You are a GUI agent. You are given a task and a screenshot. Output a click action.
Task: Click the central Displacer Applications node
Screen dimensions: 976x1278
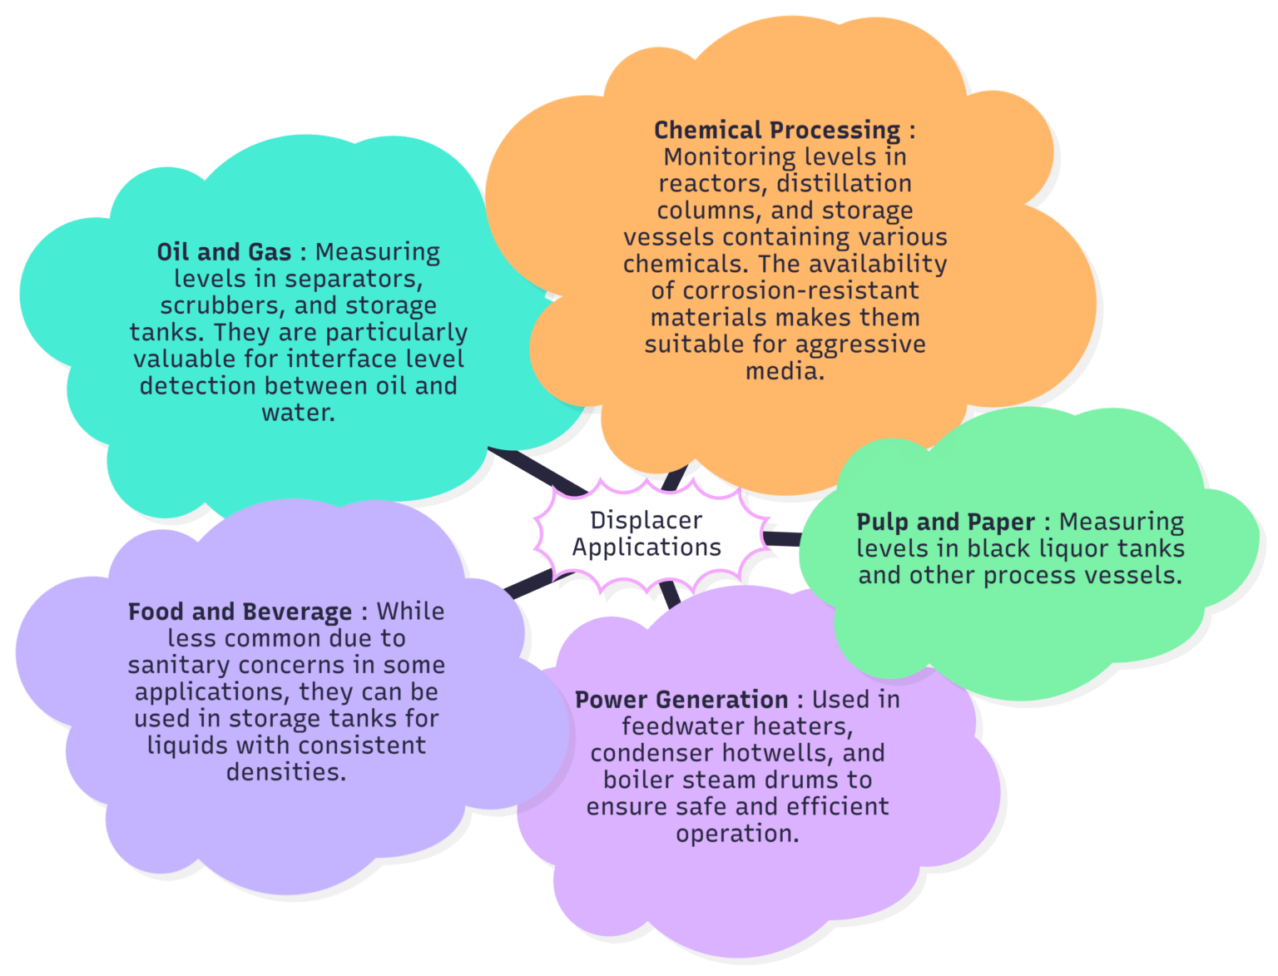pos(646,533)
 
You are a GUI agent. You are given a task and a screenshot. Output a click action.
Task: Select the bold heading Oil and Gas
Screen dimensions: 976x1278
pos(224,252)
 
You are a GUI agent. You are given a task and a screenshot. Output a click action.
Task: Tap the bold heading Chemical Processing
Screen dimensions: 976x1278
pos(776,131)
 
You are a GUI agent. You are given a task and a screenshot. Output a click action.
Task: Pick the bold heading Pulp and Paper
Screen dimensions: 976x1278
pos(945,523)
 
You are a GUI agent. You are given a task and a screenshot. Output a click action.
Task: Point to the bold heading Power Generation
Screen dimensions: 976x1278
pos(681,700)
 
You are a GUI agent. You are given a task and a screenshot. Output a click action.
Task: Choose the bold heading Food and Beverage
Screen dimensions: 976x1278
pos(240,612)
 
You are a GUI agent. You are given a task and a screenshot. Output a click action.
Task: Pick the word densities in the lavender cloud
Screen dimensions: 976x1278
pos(286,773)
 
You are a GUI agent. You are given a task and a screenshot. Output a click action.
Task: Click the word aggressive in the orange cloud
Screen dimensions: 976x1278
pos(862,344)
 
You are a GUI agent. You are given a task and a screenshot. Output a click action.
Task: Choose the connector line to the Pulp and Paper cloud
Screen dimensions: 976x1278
pos(782,539)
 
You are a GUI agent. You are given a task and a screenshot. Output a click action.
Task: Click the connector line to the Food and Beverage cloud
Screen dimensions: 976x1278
pos(528,584)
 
